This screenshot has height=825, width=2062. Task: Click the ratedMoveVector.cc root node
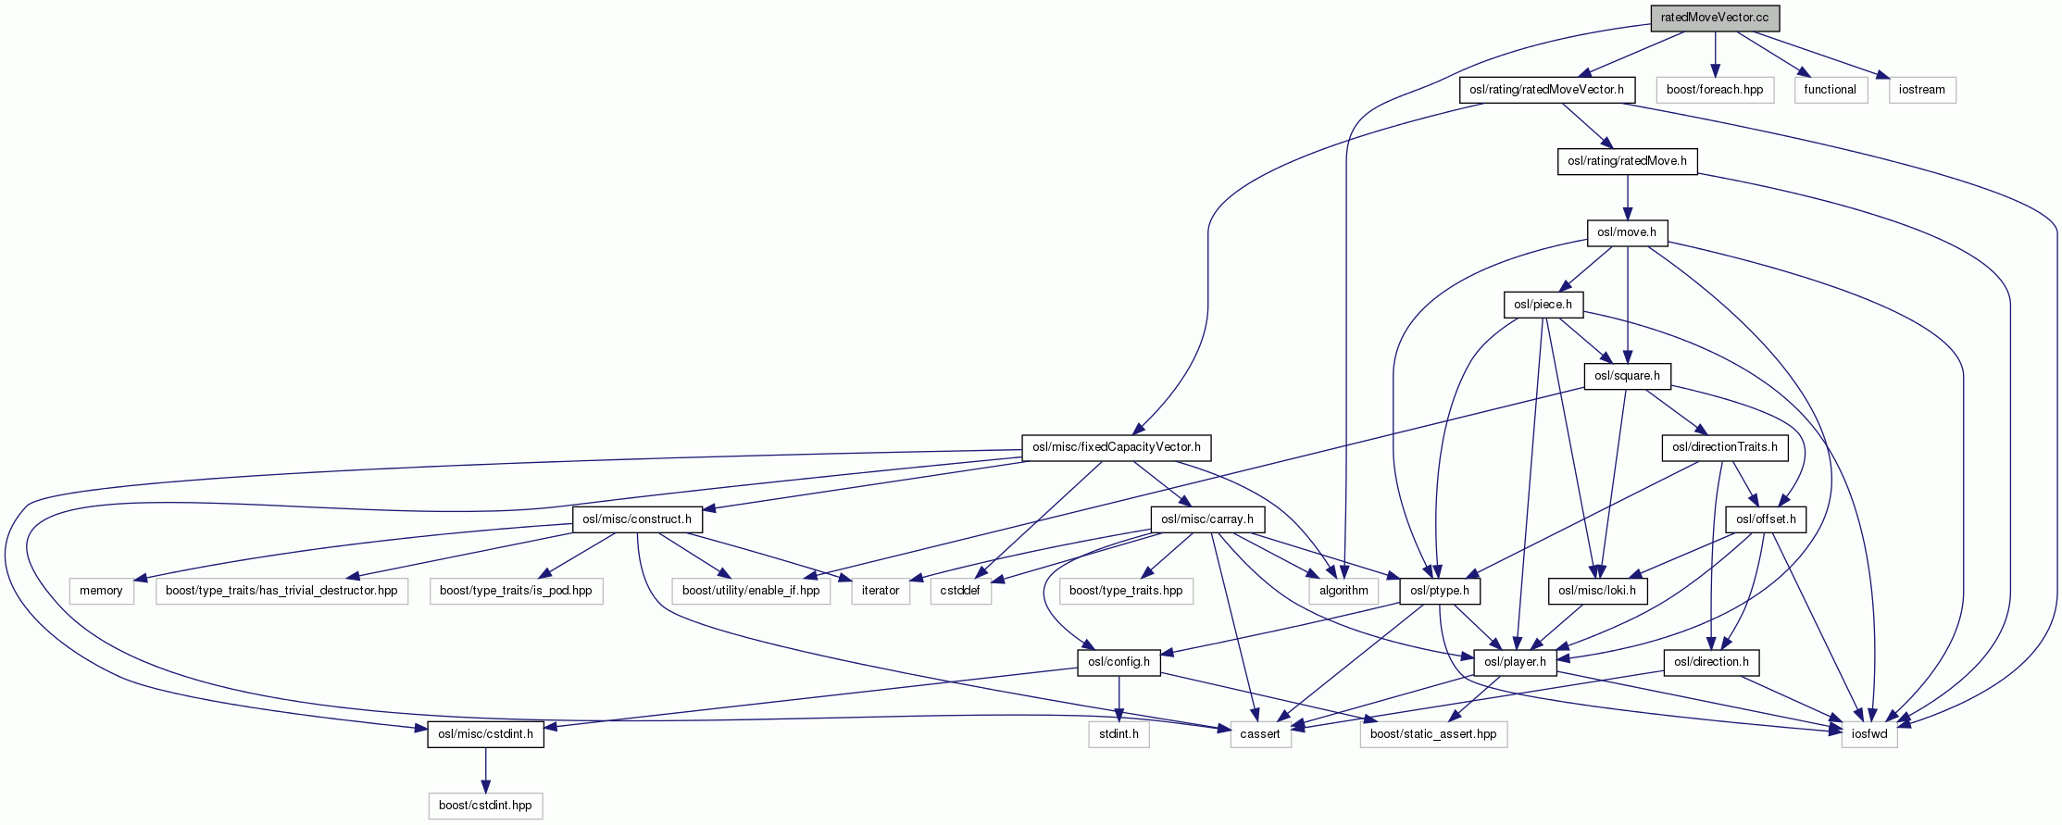pyautogui.click(x=1715, y=19)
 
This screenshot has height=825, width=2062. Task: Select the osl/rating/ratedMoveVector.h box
pyautogui.click(x=1546, y=90)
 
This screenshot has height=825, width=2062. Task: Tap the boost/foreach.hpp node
pyautogui.click(x=1715, y=90)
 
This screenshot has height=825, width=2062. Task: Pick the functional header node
pyautogui.click(x=1830, y=90)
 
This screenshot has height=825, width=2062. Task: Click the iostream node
pyautogui.click(x=1922, y=90)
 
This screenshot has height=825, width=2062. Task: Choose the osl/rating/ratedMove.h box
pyautogui.click(x=1627, y=161)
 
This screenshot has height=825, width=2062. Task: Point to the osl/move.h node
pyautogui.click(x=1627, y=232)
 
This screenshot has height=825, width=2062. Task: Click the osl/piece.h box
pyautogui.click(x=1543, y=305)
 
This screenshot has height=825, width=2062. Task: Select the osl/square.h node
pyautogui.click(x=1627, y=376)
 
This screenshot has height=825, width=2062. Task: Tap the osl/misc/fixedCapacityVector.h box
pyautogui.click(x=1116, y=447)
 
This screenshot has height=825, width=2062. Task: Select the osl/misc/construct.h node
pyautogui.click(x=636, y=519)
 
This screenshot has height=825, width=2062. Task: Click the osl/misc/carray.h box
pyautogui.click(x=1206, y=519)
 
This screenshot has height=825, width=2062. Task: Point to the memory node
pyautogui.click(x=101, y=591)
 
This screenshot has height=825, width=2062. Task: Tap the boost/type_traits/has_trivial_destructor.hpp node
pyautogui.click(x=281, y=591)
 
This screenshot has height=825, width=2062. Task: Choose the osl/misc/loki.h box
pyautogui.click(x=1597, y=591)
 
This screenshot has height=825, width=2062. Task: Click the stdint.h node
pyautogui.click(x=1118, y=734)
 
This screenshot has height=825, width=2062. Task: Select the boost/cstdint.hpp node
pyautogui.click(x=485, y=806)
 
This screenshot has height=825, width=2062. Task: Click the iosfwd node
pyautogui.click(x=1869, y=734)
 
